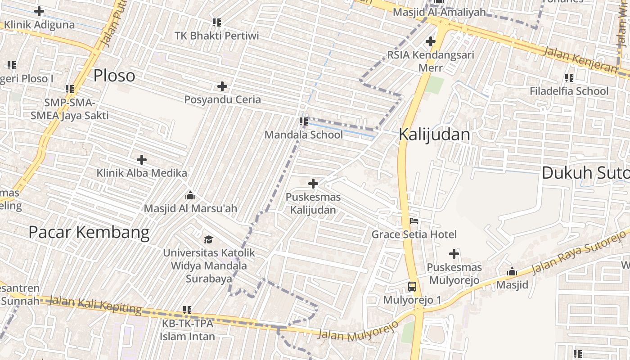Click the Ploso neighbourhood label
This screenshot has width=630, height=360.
[114, 76]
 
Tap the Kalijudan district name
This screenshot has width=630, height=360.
[434, 135]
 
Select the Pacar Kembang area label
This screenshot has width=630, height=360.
[89, 232]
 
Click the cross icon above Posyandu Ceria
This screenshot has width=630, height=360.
[222, 86]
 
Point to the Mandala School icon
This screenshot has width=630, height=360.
[304, 121]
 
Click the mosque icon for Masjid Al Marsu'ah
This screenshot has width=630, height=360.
[190, 195]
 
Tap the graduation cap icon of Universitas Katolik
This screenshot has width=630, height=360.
[208, 239]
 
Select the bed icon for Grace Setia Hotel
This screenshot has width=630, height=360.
[414, 220]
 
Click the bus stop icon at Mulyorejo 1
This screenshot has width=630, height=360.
[412, 286]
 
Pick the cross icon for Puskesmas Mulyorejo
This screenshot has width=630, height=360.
[454, 254]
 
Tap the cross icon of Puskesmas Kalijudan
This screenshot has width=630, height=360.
[313, 184]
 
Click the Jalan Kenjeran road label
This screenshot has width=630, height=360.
[580, 59]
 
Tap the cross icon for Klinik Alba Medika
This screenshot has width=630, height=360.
[142, 159]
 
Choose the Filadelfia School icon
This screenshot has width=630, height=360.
[569, 77]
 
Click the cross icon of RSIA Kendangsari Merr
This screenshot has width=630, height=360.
[431, 42]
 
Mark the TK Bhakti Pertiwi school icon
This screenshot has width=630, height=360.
[217, 22]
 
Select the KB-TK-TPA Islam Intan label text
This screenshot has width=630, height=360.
[188, 330]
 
